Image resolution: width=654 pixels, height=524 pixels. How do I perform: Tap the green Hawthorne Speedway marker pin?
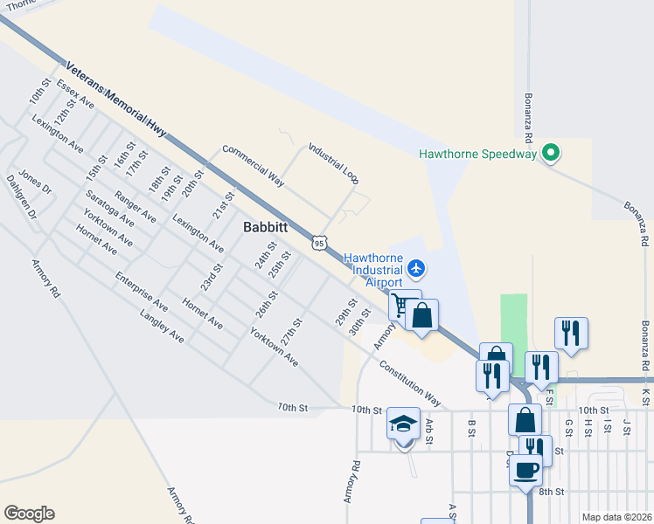click(550, 154)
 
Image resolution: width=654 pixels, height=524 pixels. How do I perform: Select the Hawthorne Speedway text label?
click(477, 155)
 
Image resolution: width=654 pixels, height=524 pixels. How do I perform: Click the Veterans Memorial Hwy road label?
click(115, 98)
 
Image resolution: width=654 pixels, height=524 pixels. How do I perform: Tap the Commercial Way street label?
click(254, 165)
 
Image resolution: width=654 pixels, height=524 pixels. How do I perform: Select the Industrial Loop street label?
click(333, 163)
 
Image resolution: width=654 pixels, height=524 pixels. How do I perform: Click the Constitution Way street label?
click(410, 382)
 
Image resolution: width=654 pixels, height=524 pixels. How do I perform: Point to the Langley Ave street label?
click(162, 324)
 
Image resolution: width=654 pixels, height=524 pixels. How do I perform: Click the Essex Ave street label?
click(75, 93)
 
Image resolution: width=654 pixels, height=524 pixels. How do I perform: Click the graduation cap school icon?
click(403, 424)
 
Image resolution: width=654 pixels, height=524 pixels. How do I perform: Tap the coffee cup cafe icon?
click(526, 469)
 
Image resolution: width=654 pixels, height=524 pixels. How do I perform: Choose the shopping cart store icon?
click(401, 305)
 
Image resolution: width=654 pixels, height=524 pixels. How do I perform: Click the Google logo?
click(29, 514)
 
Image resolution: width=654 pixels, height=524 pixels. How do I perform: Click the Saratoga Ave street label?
click(110, 208)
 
